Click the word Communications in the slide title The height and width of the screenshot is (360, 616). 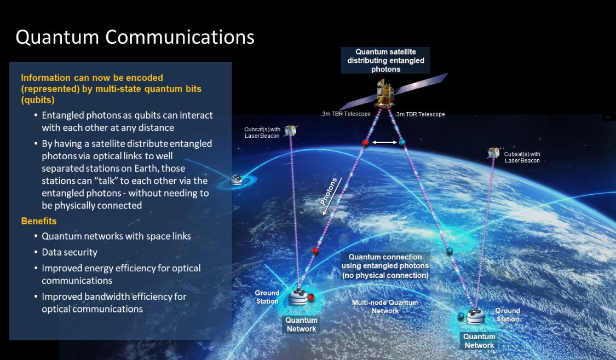180,37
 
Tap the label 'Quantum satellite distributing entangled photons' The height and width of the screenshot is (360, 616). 385,61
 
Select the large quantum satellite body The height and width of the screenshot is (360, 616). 385,94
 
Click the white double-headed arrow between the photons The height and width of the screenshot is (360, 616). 384,142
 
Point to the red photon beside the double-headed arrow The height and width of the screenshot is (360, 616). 365,142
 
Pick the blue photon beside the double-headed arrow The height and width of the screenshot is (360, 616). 402,142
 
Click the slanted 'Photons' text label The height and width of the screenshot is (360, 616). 329,191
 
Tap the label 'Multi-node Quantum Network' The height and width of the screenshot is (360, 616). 385,306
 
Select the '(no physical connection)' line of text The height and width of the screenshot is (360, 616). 385,275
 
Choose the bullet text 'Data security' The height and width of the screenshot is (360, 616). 70,252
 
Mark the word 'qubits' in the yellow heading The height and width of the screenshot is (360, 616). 38,100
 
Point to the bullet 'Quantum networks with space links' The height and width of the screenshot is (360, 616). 116,236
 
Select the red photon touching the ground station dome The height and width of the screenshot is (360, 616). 311,297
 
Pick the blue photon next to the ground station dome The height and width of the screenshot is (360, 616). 461,316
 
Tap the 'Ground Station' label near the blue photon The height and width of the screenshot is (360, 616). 508,315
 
